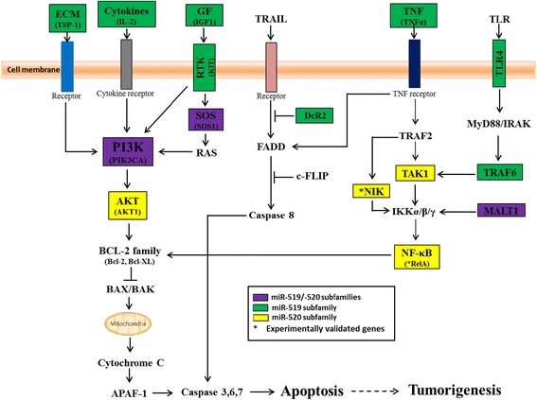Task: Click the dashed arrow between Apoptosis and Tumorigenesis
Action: point(391,387)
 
